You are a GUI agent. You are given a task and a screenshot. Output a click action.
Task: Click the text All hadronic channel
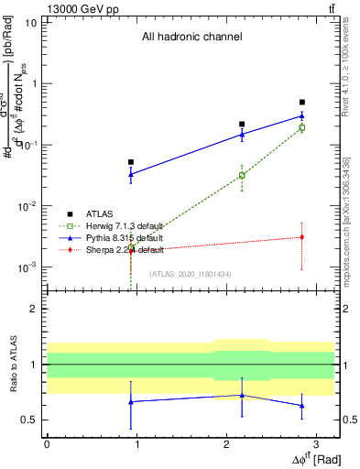[191, 38]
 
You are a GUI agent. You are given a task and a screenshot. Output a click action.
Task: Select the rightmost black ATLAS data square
[302, 103]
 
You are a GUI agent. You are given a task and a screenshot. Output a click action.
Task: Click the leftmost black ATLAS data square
[131, 162]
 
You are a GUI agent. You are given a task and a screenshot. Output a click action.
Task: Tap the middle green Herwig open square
[242, 175]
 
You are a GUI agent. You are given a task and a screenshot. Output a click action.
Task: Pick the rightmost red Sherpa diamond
[302, 237]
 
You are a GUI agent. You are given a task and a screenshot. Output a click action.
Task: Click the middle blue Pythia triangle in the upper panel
[242, 135]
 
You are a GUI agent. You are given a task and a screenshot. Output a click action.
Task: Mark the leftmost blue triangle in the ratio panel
[131, 401]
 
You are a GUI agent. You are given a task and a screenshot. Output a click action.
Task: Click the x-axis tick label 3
[315, 443]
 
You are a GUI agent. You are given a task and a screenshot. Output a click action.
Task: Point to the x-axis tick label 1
[136, 443]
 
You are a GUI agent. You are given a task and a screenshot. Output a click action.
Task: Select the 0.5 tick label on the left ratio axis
[29, 420]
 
